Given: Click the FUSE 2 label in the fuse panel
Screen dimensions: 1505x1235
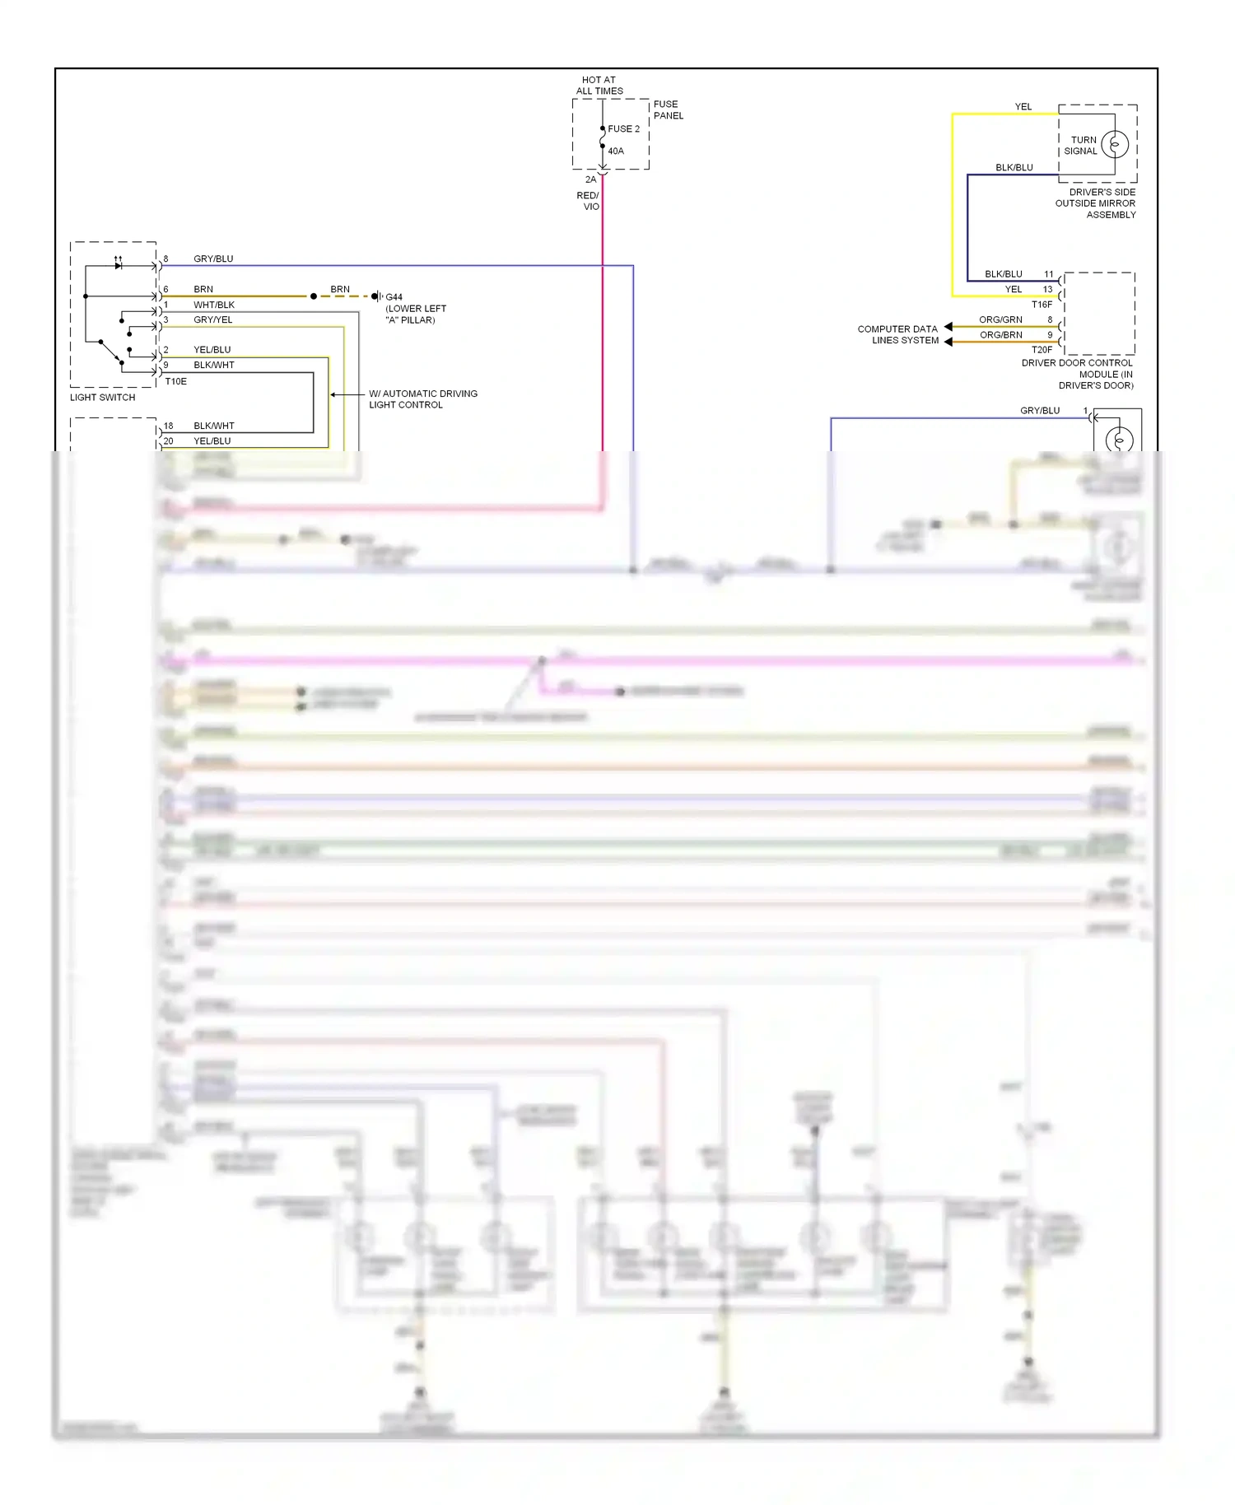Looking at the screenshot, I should pyautogui.click(x=623, y=128).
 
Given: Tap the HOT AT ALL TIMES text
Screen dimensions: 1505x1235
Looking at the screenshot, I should pyautogui.click(x=599, y=86).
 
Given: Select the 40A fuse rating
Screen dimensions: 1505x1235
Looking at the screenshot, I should pyautogui.click(x=616, y=151).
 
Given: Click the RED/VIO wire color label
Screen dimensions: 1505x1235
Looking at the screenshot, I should pyautogui.click(x=588, y=201).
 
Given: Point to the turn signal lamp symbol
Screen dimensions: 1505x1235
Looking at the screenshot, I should pyautogui.click(x=1115, y=144).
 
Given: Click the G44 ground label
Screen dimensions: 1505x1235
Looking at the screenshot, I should pyautogui.click(x=394, y=296).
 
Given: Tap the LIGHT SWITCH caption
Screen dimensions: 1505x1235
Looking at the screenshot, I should pyautogui.click(x=102, y=397).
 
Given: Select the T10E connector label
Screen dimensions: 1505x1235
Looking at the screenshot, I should pyautogui.click(x=175, y=381).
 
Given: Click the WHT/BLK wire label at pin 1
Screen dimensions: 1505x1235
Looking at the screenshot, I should pyautogui.click(x=214, y=305).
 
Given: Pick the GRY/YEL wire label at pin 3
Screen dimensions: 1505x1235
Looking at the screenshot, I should pyautogui.click(x=212, y=319).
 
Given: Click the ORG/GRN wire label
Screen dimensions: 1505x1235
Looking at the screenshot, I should pyautogui.click(x=1000, y=319).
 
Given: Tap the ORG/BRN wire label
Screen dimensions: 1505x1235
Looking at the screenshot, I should pyautogui.click(x=1000, y=335).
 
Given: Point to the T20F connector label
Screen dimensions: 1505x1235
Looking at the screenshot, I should pyautogui.click(x=1042, y=349).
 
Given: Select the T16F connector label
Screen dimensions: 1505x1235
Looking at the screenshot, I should pyautogui.click(x=1042, y=304).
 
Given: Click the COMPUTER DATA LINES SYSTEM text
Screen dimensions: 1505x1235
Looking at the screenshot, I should pyautogui.click(x=897, y=334).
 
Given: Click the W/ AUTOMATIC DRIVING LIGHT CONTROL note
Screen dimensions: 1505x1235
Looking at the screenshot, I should pyautogui.click(x=422, y=399).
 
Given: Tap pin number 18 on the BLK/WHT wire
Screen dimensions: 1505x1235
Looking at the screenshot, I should pyautogui.click(x=168, y=426).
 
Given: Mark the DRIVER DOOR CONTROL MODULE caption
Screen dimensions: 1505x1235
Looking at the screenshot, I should pyautogui.click(x=1077, y=374).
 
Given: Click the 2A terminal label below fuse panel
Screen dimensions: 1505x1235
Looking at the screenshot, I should pyautogui.click(x=590, y=179).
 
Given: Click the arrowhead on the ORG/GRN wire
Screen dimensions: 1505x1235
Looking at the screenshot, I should pyautogui.click(x=948, y=327).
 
